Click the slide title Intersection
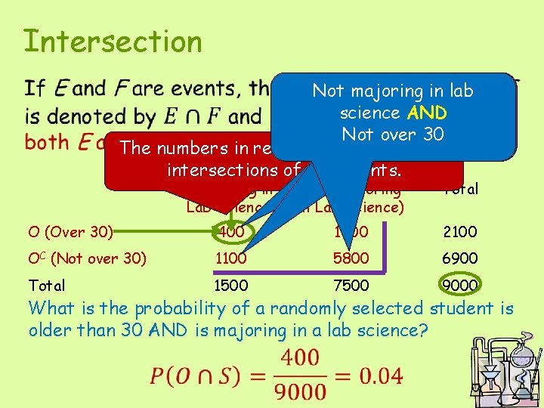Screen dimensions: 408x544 [x=113, y=42]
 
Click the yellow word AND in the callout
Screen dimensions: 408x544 [x=426, y=113]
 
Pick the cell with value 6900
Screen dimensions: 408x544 [x=459, y=258]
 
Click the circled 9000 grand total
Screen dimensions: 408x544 [x=459, y=285]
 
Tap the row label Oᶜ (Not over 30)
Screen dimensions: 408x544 [x=87, y=258]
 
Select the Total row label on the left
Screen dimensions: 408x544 [x=46, y=285]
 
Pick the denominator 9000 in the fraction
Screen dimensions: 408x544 [x=303, y=391]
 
